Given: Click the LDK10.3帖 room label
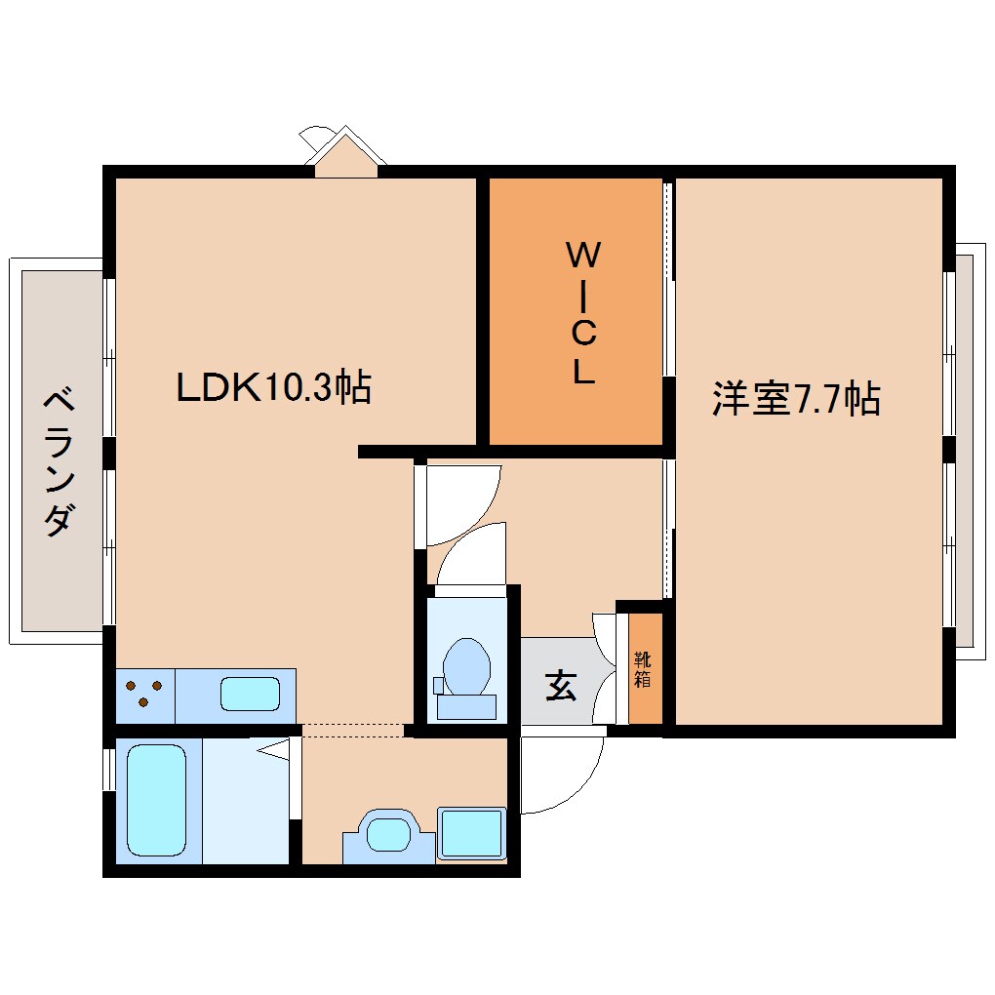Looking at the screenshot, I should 273,389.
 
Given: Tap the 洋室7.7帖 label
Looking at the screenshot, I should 796,399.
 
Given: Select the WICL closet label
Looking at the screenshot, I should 582,313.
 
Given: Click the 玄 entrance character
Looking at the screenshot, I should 560,686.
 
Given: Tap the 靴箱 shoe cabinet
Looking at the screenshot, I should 642,669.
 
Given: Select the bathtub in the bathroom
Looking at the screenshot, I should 156,800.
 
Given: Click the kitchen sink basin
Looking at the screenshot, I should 250,695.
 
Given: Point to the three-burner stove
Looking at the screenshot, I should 144,695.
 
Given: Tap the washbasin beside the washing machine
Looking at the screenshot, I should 388,835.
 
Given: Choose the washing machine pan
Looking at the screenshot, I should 472,833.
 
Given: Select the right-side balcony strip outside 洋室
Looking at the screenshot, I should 964,449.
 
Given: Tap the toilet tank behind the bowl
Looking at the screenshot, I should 465,705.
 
